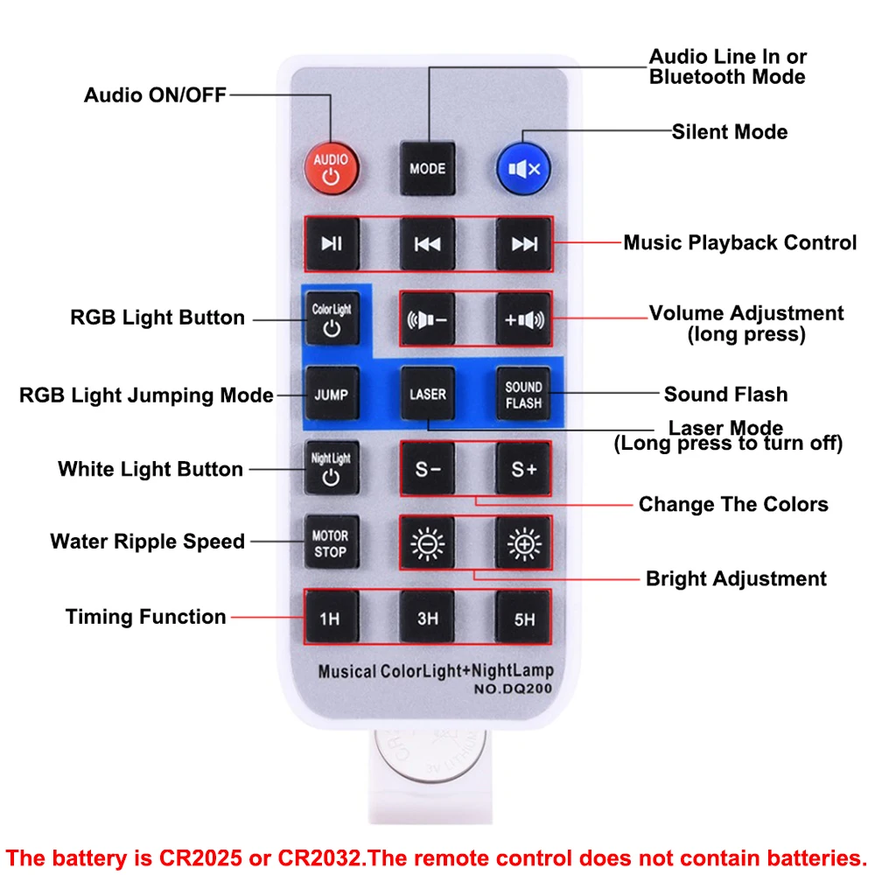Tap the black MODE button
click(x=427, y=168)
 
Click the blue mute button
click(x=523, y=168)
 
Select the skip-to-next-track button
click(x=523, y=244)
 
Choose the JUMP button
click(x=331, y=394)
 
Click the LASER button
click(x=427, y=394)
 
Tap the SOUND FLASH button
click(x=523, y=394)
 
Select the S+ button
click(x=523, y=469)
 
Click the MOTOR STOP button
click(x=331, y=543)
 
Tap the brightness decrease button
click(x=427, y=543)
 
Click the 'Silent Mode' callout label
click(x=730, y=132)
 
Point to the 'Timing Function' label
click(x=146, y=617)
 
